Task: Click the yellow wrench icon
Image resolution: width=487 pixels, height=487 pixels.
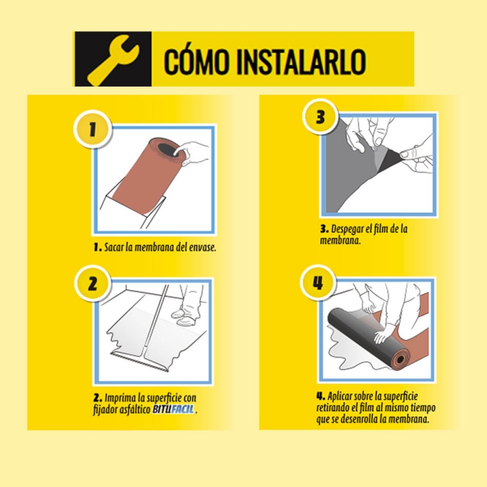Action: pos(113,60)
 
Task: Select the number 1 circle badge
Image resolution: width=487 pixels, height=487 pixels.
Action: pos(93,129)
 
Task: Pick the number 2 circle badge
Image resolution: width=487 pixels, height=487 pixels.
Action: pos(93,283)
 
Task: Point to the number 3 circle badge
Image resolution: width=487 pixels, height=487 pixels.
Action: pos(320,117)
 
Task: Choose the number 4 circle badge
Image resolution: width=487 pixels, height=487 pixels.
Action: pos(318,283)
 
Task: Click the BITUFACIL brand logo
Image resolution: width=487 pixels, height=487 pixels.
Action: pos(173,409)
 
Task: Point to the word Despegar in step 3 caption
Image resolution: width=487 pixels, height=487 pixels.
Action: pos(347,230)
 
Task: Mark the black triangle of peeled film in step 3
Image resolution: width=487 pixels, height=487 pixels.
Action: pos(390,159)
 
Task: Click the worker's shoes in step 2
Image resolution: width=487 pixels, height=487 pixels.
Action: pos(185,317)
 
